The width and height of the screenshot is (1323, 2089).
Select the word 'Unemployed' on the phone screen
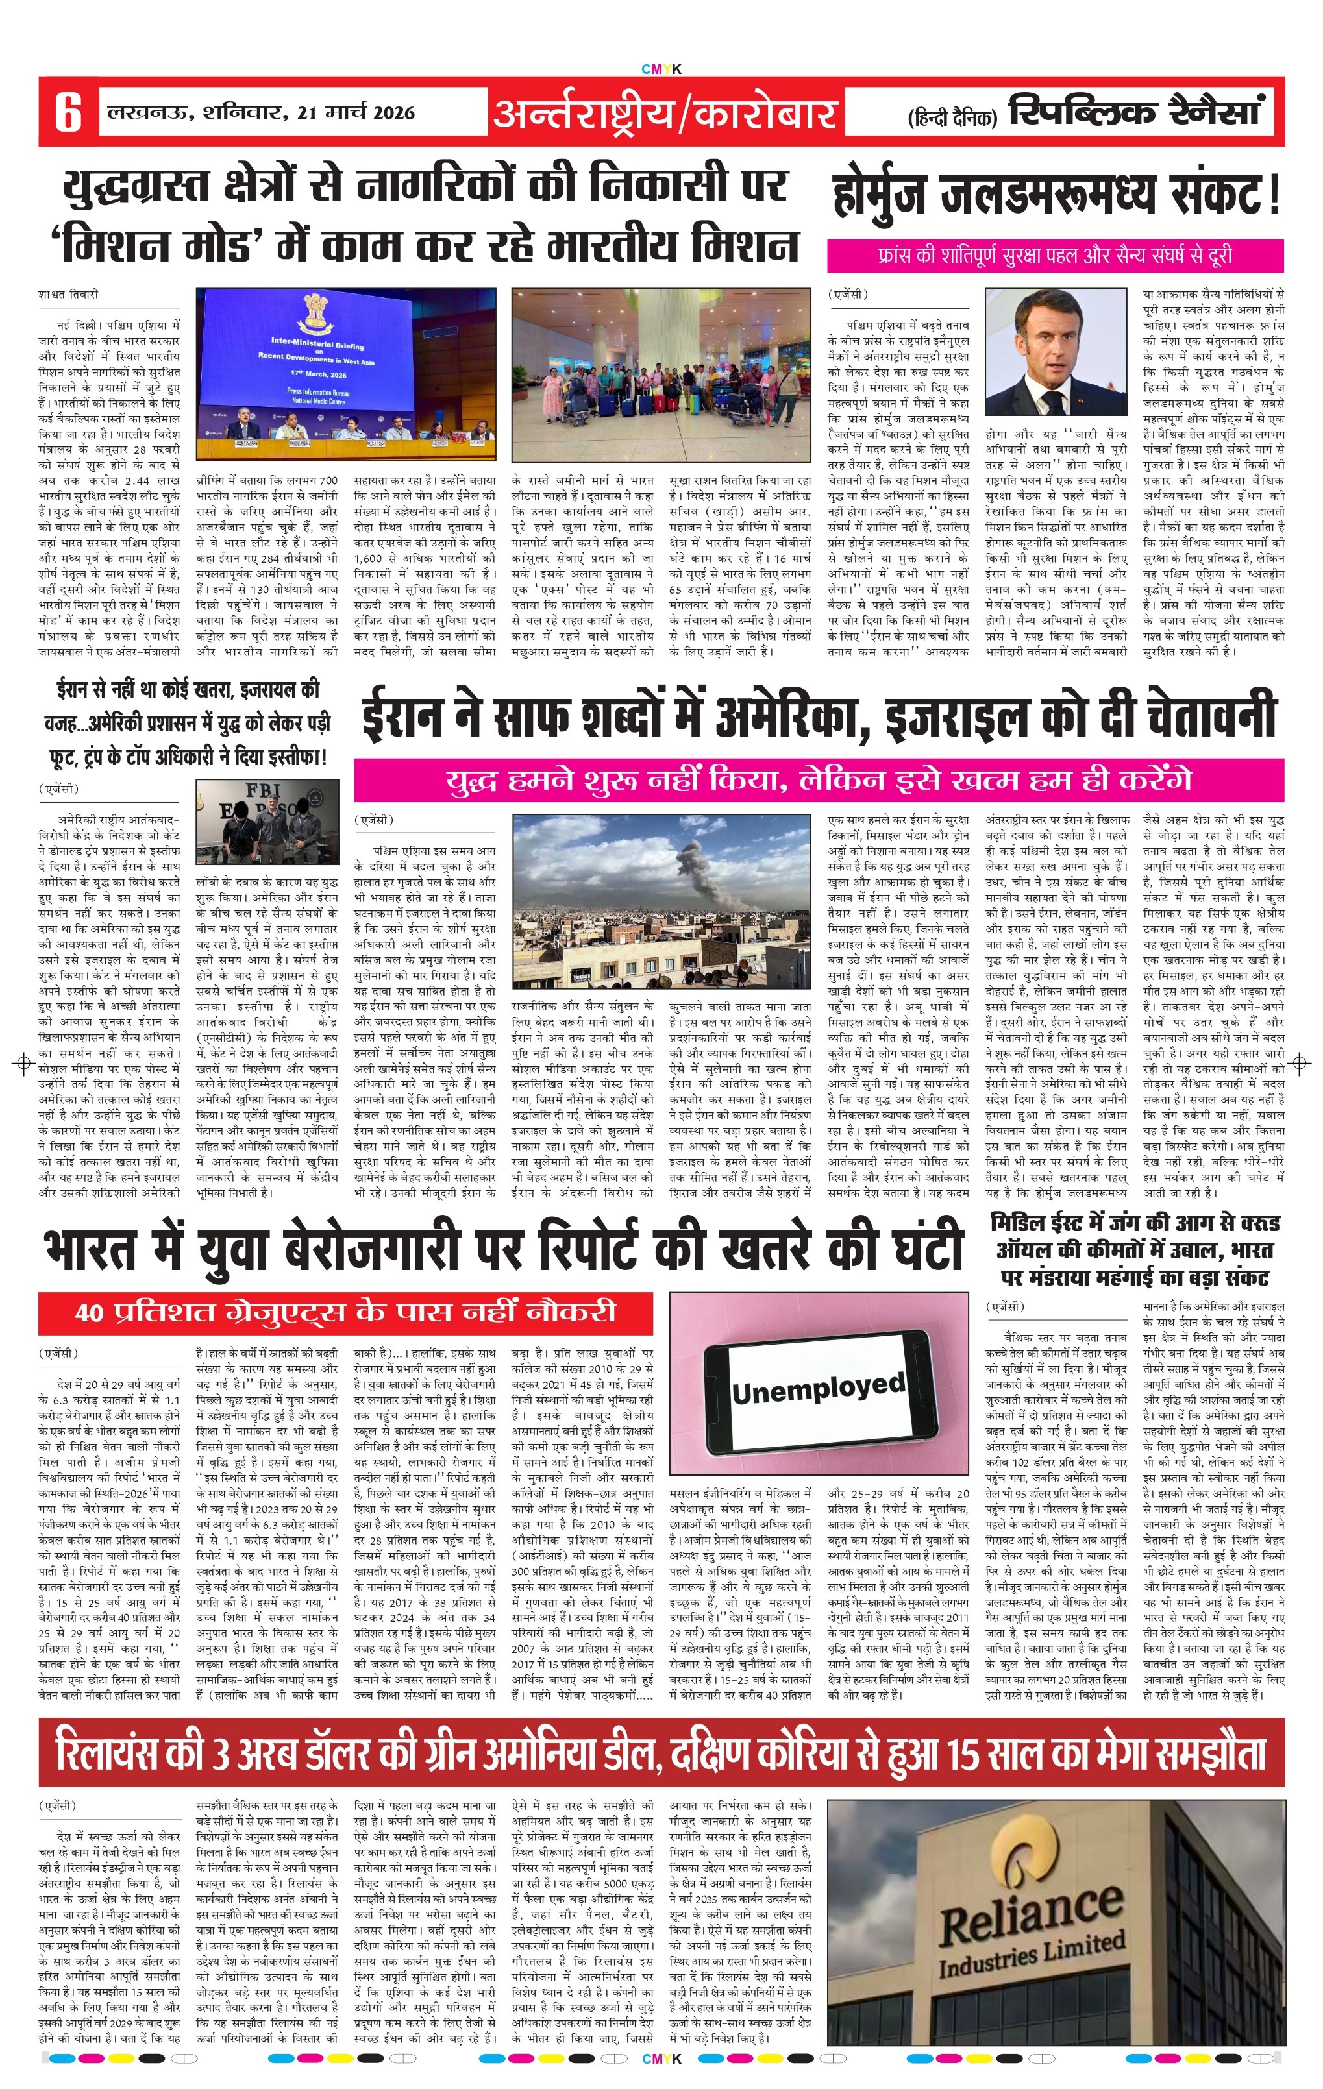[x=817, y=1388]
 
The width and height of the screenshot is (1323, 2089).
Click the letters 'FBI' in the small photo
[x=264, y=790]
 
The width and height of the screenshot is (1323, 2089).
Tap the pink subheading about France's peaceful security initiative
[x=1054, y=256]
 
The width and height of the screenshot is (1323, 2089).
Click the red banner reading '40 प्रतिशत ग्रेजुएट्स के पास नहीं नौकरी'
[x=345, y=1313]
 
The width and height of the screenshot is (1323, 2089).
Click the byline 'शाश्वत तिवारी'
[x=69, y=294]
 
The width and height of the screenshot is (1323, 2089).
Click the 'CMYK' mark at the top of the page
[x=661, y=69]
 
